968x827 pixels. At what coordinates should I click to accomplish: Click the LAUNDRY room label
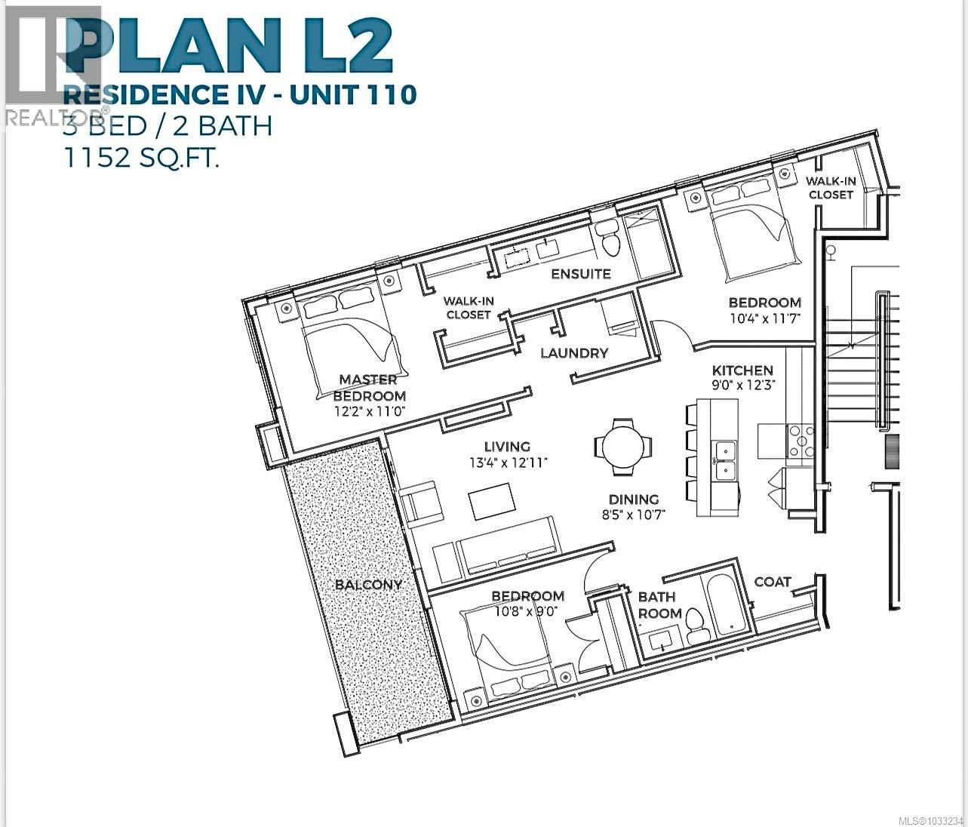(x=574, y=352)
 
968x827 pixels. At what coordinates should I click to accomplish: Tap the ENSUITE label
(x=580, y=273)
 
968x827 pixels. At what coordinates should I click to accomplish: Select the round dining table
(x=623, y=447)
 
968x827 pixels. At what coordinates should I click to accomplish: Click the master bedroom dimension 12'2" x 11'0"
(x=370, y=412)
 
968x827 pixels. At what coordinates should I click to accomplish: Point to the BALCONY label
(x=368, y=585)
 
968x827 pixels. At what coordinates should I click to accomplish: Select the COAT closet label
(x=772, y=582)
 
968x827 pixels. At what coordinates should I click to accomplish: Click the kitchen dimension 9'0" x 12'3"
(x=743, y=385)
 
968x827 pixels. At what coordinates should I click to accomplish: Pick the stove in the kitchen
(x=801, y=441)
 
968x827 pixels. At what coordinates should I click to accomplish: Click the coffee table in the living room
(x=492, y=501)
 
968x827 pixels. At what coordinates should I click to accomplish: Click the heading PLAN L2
(x=234, y=45)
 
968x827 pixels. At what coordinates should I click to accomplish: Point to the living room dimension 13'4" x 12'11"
(x=507, y=462)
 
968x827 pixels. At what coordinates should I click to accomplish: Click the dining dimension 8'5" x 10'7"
(x=634, y=515)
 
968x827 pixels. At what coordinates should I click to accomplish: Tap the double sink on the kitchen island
(x=725, y=460)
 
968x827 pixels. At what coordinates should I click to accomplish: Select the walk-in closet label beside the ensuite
(x=469, y=308)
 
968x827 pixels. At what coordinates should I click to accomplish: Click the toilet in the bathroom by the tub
(x=695, y=627)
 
